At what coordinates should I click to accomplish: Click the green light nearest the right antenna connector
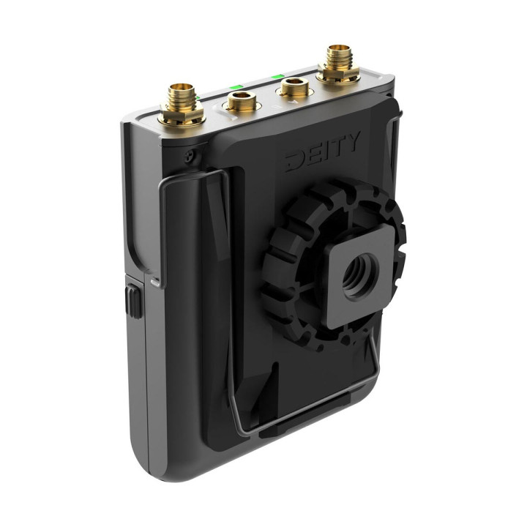(x=277, y=75)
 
